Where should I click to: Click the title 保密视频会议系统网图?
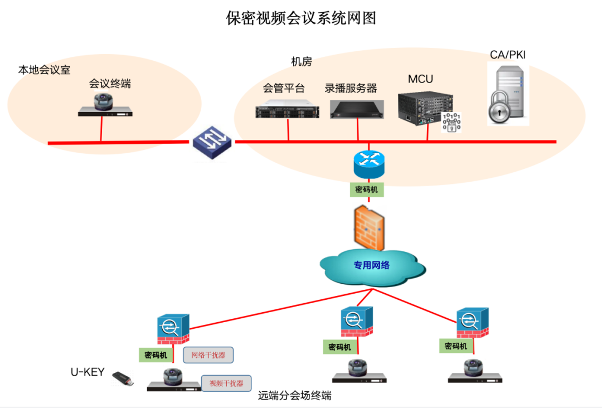301,18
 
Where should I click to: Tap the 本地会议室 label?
45,71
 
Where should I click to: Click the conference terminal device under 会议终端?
106,106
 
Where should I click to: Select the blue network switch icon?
211,143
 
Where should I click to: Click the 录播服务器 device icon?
357,109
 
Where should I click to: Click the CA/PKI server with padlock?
507,94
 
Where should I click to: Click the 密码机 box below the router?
367,190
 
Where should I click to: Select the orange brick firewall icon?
368,228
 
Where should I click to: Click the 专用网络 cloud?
371,265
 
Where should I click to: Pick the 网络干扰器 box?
208,355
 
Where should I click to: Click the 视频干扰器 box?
226,383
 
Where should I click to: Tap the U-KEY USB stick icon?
123,379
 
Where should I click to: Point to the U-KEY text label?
87,372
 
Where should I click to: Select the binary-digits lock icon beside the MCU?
452,122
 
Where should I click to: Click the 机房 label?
301,62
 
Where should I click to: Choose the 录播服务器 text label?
351,88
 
